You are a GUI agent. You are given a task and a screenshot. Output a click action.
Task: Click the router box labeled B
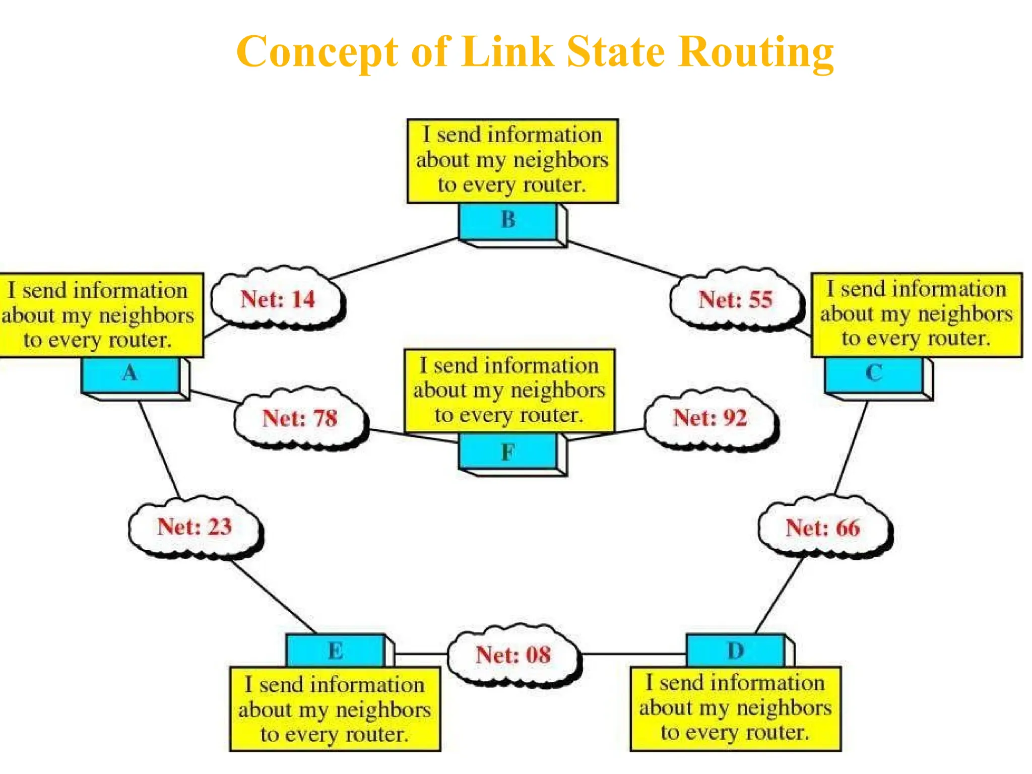tap(509, 221)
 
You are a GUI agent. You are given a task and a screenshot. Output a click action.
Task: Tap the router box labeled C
tap(875, 374)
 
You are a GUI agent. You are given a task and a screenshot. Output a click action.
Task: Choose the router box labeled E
tap(336, 651)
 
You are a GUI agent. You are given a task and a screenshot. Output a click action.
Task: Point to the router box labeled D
tap(736, 651)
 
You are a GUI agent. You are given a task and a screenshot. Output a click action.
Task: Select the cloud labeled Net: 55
tap(736, 300)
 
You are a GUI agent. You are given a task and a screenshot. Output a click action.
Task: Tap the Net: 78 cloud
tap(300, 418)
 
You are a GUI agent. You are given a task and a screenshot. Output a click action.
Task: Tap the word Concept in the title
tap(317, 52)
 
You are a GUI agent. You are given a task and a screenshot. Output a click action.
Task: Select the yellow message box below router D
tap(735, 708)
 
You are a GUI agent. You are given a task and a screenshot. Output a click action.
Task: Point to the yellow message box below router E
tap(335, 709)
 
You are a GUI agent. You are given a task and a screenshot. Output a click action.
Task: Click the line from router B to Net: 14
tap(393, 258)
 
